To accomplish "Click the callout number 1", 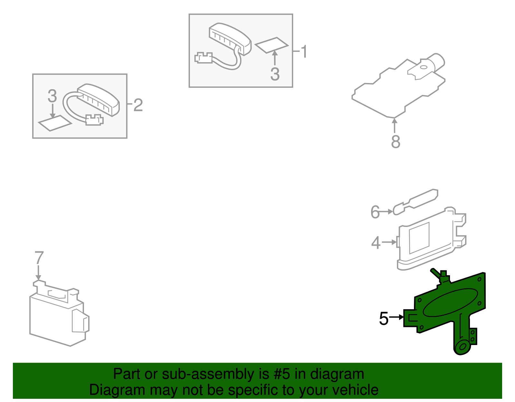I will [304, 52].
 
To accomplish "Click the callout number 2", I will [138, 105].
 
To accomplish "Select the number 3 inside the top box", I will [275, 74].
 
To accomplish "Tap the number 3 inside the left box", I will [52, 96].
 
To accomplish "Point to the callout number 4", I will [376, 243].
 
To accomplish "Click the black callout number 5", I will [384, 318].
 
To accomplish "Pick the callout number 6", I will [375, 212].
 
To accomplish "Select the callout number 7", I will [39, 258].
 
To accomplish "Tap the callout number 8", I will [396, 142].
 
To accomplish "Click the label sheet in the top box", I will [271, 45].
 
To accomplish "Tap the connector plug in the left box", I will [94, 120].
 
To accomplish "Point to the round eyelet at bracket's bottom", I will [463, 347].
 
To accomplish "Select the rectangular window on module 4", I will [419, 238].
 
